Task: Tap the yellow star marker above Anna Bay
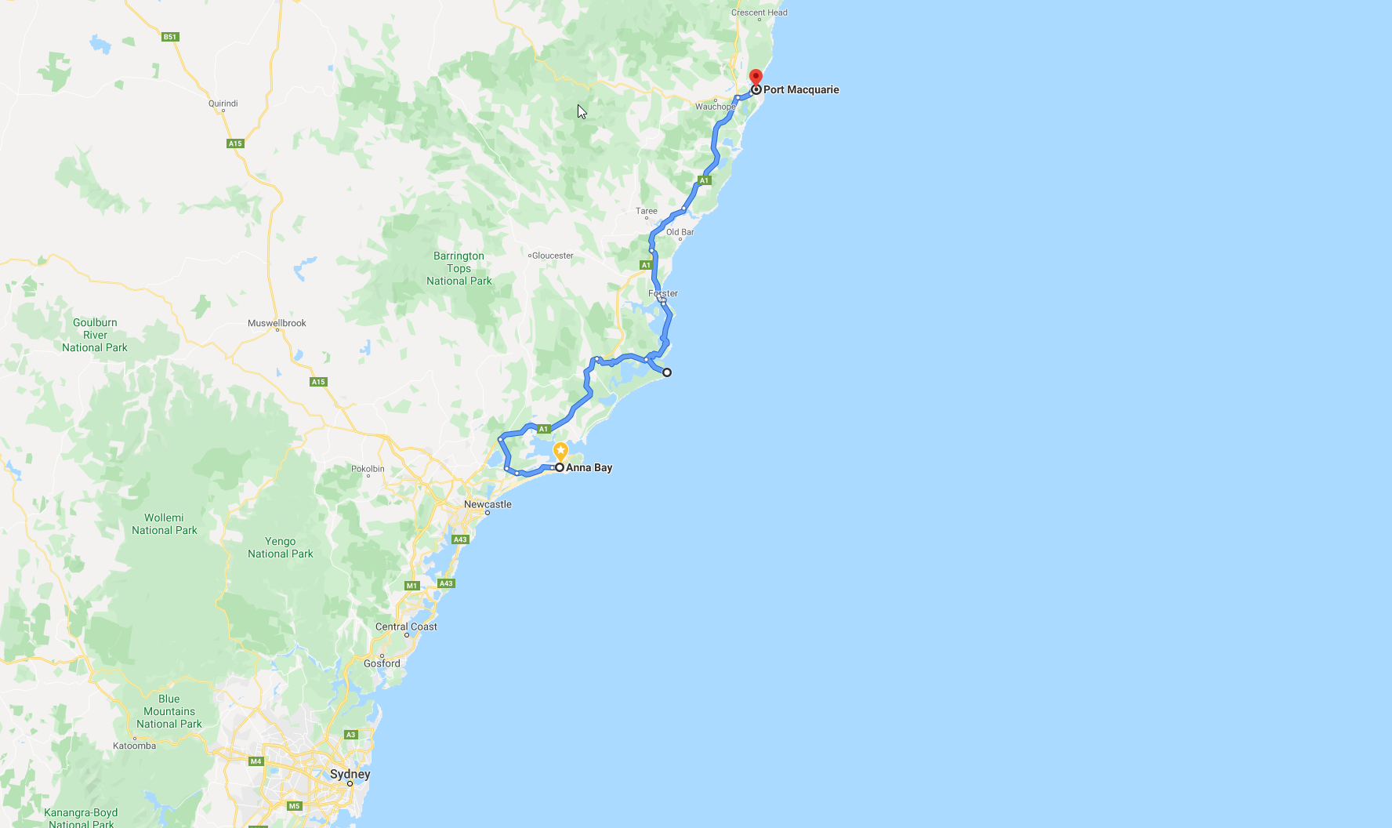(560, 451)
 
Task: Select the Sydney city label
(350, 774)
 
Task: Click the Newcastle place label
(488, 504)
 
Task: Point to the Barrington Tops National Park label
(459, 268)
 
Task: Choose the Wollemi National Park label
(165, 524)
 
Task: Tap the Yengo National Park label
(281, 547)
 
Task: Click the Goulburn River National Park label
(95, 335)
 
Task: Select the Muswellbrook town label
(277, 323)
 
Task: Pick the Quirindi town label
(223, 103)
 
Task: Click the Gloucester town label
(553, 256)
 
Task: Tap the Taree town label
(647, 211)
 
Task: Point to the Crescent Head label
(759, 13)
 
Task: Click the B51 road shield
(170, 37)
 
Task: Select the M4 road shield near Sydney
(256, 761)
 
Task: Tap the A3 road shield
(351, 735)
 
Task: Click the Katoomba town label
(135, 746)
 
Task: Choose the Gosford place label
(382, 663)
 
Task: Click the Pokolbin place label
(368, 469)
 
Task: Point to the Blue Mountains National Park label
(169, 711)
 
